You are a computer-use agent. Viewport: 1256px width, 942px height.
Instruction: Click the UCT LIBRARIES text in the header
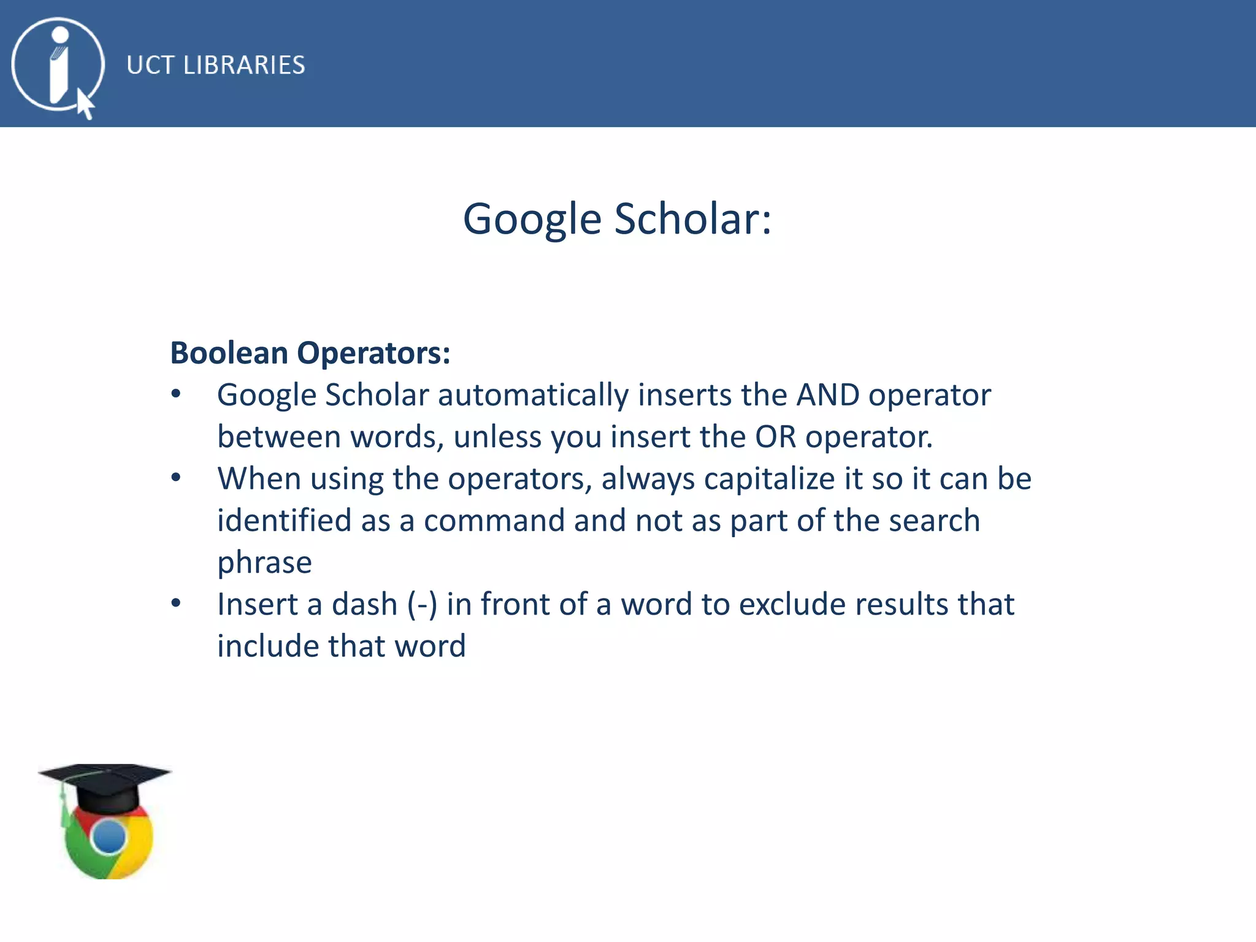point(215,65)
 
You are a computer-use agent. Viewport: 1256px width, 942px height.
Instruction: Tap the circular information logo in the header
point(58,64)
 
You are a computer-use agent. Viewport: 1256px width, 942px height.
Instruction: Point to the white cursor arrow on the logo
point(85,104)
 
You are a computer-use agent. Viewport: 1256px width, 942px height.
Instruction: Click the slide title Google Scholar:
point(617,219)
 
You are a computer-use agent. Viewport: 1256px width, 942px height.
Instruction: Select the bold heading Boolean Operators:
point(310,353)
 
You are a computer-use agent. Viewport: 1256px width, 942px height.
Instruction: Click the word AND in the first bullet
point(827,395)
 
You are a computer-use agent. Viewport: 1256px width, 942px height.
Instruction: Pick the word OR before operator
point(775,437)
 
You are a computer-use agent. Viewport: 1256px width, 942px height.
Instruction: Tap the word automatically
point(533,395)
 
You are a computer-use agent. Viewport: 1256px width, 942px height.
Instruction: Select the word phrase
point(264,562)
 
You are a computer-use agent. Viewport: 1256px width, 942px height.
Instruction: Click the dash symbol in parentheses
point(423,605)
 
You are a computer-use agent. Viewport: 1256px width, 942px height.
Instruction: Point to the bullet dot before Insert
point(176,603)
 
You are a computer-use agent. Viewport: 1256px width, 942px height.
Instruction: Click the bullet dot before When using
point(176,478)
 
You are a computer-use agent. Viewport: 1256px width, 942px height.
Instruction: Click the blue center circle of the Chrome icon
point(110,837)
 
